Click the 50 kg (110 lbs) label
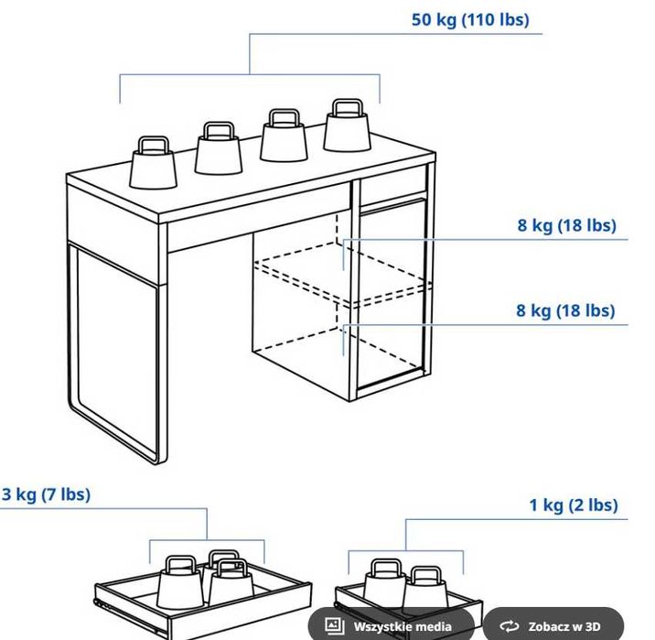tap(469, 19)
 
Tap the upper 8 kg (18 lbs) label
tap(566, 225)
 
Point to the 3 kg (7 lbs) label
tap(46, 494)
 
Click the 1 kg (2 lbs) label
tap(573, 504)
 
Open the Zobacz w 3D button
tap(553, 626)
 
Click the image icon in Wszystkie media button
tap(335, 626)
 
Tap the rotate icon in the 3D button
tap(509, 626)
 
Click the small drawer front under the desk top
tap(393, 185)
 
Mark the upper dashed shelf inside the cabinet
tap(343, 275)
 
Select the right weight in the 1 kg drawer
tap(425, 591)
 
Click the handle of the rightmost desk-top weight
tap(346, 109)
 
